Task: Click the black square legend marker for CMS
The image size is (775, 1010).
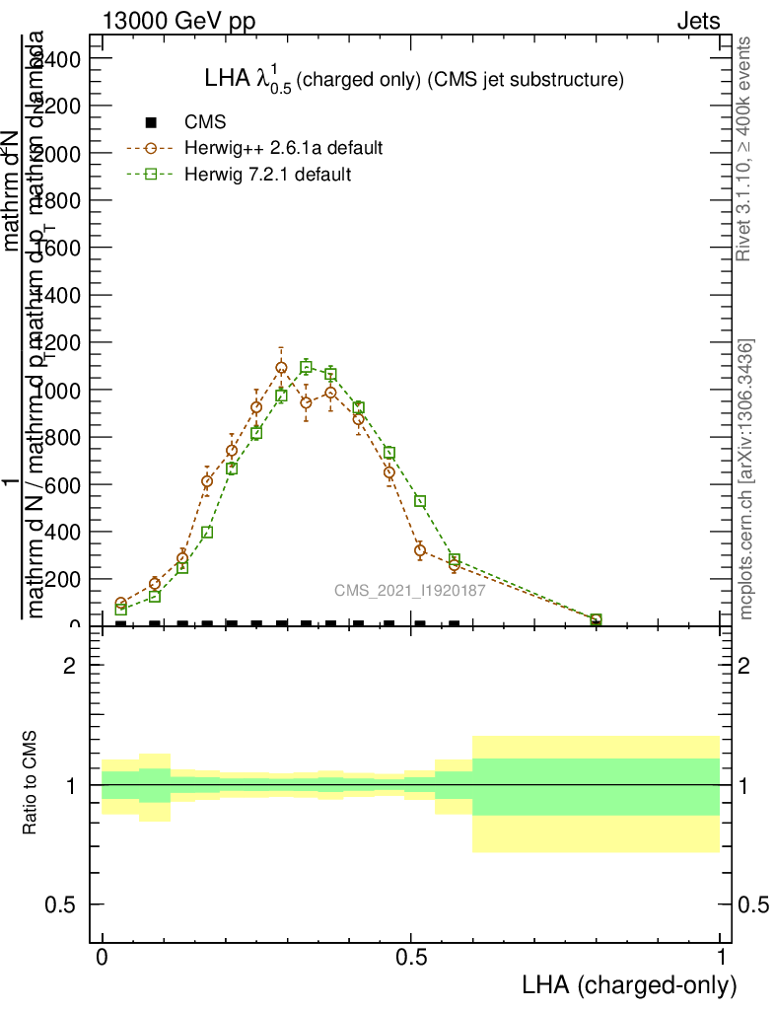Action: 151,122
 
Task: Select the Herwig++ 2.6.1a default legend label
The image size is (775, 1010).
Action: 283,148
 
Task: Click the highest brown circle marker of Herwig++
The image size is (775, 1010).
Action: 281,368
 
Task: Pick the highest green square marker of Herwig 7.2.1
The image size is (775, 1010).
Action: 306,368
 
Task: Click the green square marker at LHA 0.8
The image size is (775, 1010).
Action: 596,619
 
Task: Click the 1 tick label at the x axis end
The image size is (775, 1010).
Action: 721,958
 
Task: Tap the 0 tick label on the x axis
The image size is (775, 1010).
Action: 102,958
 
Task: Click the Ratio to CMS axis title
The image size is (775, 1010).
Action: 31,784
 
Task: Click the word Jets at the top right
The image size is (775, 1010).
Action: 698,21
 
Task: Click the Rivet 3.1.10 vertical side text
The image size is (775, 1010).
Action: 745,149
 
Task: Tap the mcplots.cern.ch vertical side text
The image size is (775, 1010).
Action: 746,480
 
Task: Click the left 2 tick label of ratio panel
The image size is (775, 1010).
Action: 69,666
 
